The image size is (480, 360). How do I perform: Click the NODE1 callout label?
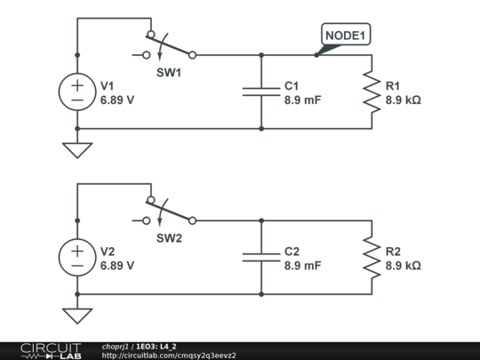click(346, 35)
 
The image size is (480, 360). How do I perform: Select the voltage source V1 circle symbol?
click(77, 92)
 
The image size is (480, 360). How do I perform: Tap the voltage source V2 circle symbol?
click(77, 258)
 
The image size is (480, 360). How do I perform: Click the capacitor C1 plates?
click(261, 92)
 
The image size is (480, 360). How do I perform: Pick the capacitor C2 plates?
click(261, 258)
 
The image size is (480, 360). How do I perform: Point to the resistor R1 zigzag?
click(372, 92)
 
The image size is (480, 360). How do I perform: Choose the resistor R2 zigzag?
click(372, 258)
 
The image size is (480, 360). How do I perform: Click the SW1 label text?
click(169, 73)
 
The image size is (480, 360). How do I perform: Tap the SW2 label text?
click(169, 238)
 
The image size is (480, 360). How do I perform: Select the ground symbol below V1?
click(77, 150)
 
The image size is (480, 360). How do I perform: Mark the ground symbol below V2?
click(77, 316)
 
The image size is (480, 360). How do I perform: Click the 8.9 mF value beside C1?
click(303, 100)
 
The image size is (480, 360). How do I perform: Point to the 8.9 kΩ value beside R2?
click(404, 266)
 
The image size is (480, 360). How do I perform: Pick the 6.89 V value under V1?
click(117, 100)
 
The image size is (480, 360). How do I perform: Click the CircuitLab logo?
click(51, 351)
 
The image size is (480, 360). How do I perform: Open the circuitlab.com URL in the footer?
click(169, 356)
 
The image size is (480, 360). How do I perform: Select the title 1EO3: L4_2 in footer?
click(156, 347)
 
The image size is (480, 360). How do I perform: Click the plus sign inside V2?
click(77, 251)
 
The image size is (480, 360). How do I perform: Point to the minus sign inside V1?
click(77, 100)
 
